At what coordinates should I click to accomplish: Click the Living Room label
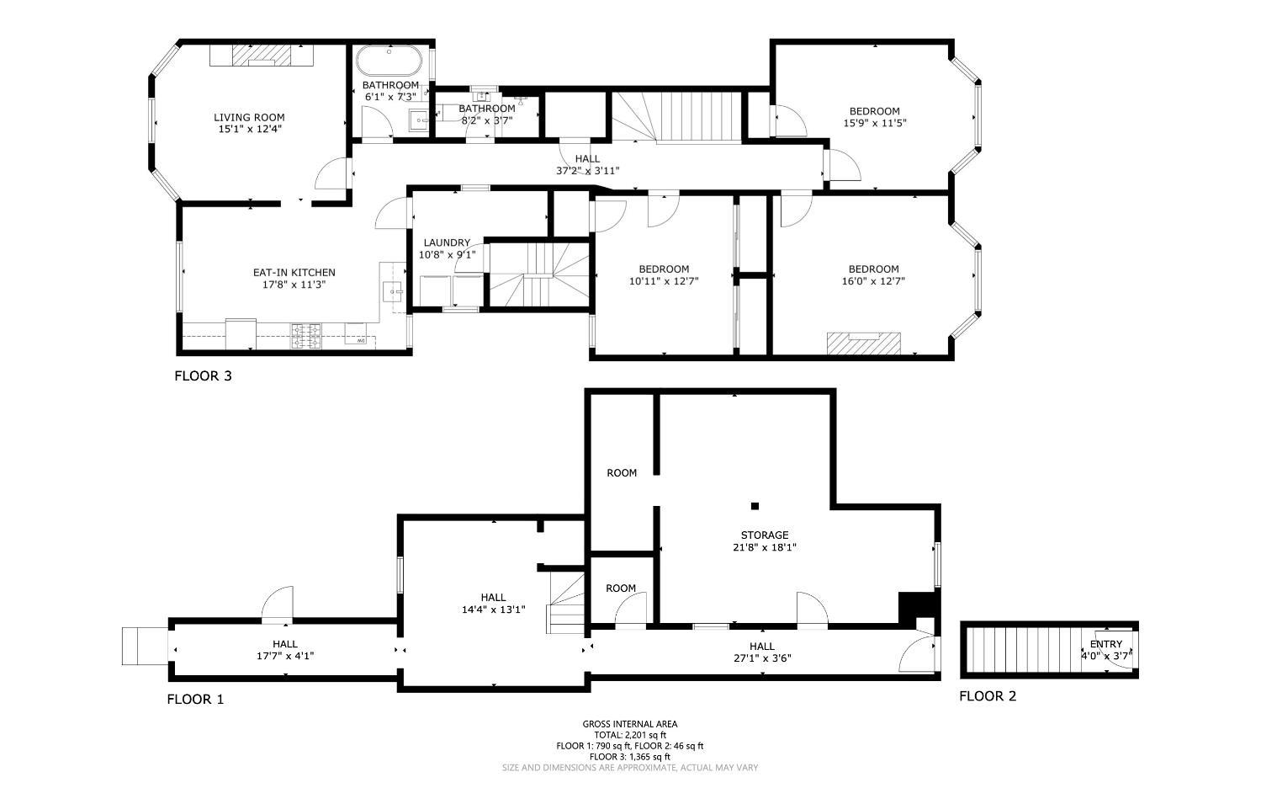(249, 117)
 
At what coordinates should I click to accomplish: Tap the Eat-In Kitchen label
(294, 272)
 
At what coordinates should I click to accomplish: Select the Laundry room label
(447, 242)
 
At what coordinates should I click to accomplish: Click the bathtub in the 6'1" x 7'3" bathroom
(389, 61)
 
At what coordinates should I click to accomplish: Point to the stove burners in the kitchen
(305, 336)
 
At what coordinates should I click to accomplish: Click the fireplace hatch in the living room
(262, 56)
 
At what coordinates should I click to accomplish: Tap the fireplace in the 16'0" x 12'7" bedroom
(864, 343)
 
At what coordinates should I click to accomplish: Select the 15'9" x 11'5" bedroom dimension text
(874, 123)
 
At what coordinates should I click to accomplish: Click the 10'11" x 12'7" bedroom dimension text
(664, 280)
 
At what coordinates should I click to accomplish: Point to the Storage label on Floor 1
(765, 535)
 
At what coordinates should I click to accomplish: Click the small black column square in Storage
(755, 506)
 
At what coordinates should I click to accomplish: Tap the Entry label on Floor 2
(1106, 644)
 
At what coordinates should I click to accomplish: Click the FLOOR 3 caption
(203, 375)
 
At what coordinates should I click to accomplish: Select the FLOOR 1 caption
(195, 699)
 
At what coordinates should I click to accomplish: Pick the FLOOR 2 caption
(988, 695)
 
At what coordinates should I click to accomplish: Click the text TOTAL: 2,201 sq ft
(630, 735)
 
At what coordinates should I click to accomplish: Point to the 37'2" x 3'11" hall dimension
(587, 171)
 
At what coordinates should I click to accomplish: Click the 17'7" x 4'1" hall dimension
(285, 656)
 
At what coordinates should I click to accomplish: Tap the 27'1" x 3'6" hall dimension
(761, 658)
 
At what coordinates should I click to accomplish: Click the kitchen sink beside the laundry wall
(392, 292)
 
